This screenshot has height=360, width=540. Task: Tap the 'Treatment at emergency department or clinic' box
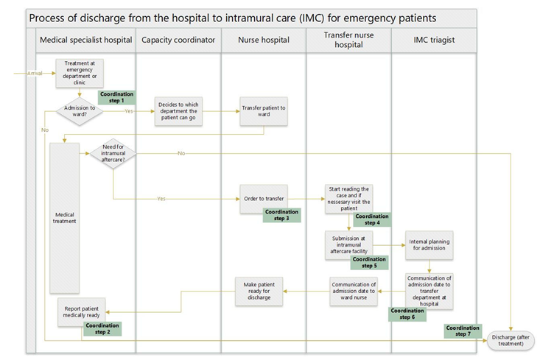(79, 73)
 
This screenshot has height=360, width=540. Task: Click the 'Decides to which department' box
(178, 112)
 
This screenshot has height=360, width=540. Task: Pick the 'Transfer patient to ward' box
(263, 112)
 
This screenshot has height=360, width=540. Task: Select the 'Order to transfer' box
(263, 199)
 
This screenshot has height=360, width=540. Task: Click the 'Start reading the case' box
(348, 199)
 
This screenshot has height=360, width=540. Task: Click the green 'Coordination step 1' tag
(116, 96)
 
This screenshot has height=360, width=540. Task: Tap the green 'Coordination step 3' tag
(282, 215)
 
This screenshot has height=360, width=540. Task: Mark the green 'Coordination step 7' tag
(463, 331)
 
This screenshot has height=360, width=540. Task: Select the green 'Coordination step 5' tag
(369, 262)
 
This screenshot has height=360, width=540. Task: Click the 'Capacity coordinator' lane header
(178, 40)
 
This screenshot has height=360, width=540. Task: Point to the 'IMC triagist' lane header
(434, 40)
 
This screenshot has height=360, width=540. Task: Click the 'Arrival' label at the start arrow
(35, 73)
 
